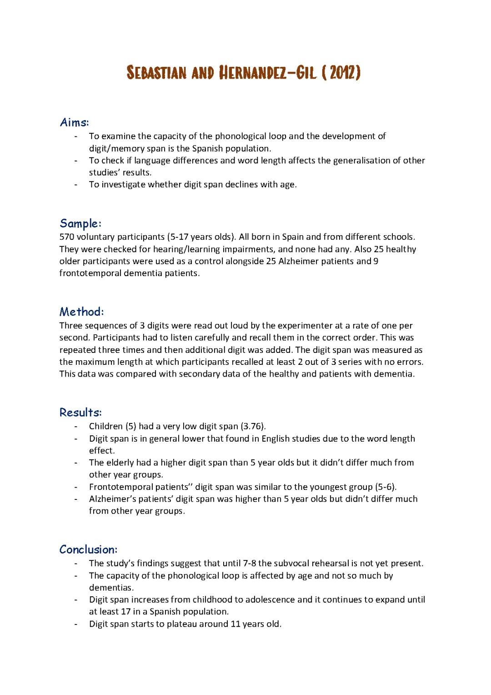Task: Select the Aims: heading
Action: [x=74, y=122]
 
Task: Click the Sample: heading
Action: [x=80, y=223]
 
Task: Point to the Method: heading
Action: [x=82, y=312]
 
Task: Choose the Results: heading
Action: [x=80, y=413]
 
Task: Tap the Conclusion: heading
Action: [x=89, y=549]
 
